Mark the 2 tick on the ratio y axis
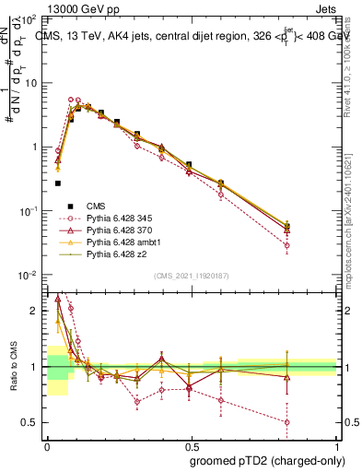tap(36, 311)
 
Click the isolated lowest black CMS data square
tap(58, 183)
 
